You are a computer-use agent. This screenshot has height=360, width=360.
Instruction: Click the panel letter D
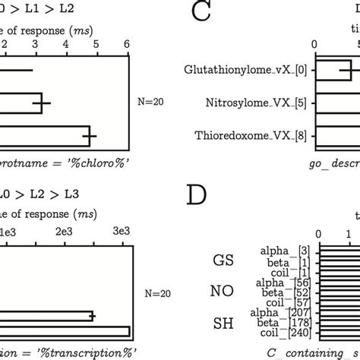[x=197, y=195]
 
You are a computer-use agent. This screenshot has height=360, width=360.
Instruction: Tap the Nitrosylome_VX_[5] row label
[x=262, y=103]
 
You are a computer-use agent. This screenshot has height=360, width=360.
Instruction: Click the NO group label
[x=222, y=290]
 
